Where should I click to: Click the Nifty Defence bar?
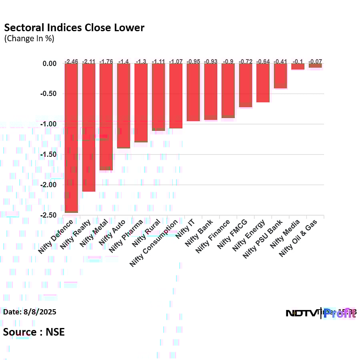tap(72, 138)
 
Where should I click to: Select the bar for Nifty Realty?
tap(89, 127)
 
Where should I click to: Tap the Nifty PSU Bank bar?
tap(280, 76)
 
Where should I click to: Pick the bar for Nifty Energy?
tap(263, 83)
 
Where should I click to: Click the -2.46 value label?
tap(72, 61)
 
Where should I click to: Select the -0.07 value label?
tap(315, 61)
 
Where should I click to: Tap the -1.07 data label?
tap(176, 61)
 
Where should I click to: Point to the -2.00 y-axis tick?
tap(50, 185)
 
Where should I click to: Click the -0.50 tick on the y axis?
tap(50, 94)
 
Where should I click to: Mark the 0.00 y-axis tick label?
tap(51, 64)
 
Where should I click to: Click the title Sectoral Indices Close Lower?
tap(74, 28)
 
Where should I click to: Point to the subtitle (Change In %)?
tap(29, 39)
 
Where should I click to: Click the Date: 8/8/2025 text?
tap(30, 312)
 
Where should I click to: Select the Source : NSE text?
tap(34, 332)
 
